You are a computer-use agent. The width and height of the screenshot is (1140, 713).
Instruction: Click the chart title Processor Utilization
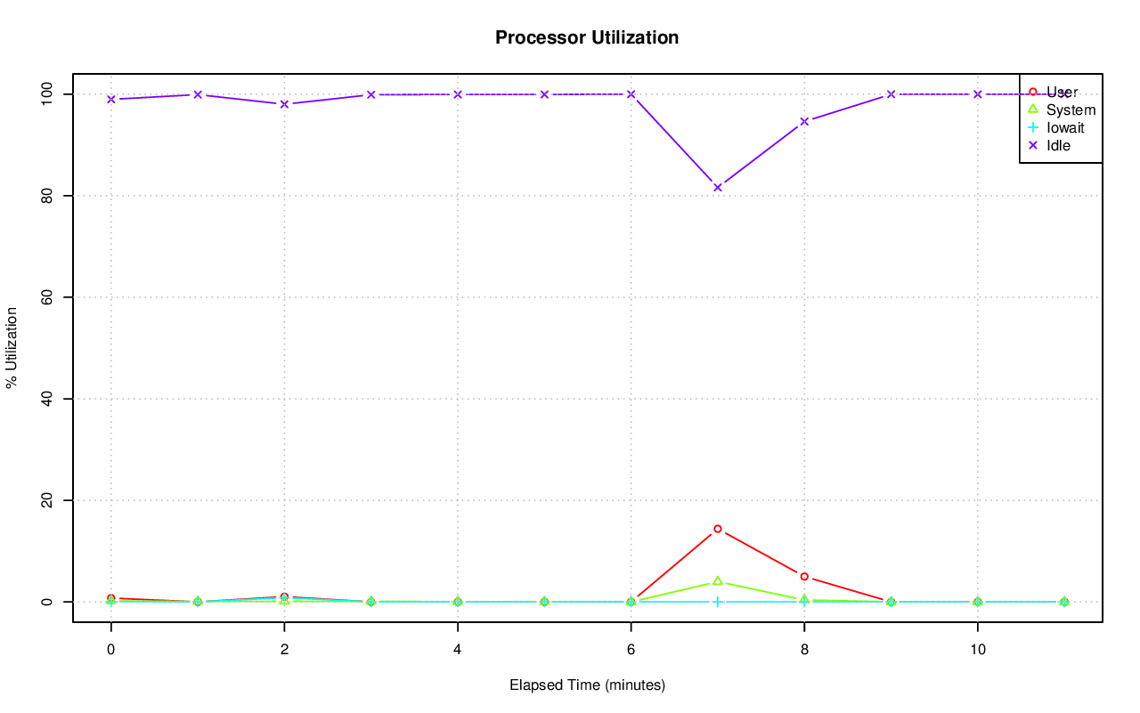tap(587, 37)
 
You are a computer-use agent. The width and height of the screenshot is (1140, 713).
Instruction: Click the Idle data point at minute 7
tap(718, 187)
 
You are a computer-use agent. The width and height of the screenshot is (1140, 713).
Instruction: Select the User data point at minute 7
tap(718, 529)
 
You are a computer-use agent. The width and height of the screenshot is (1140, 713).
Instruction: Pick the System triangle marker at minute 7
tap(718, 580)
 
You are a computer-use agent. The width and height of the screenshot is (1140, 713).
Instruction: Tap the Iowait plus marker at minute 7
tap(718, 602)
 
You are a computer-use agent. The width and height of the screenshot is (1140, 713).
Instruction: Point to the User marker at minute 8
tap(804, 577)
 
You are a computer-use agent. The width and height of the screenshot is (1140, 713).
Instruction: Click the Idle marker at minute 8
tap(804, 121)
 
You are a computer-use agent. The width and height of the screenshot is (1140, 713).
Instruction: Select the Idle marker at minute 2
tap(284, 104)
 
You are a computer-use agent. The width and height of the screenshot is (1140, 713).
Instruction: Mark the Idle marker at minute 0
tap(111, 99)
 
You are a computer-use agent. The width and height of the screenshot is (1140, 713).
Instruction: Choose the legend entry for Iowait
tap(1065, 128)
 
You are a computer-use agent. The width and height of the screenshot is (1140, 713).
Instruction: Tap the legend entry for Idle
tap(1058, 146)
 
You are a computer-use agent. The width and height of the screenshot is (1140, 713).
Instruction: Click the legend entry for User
tap(1062, 93)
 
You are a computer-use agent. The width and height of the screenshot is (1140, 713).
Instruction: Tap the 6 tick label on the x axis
tap(631, 650)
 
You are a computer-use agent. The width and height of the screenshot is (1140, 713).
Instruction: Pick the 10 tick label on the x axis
tap(978, 650)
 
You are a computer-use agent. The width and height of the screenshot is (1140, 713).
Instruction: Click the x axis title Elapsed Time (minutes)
tap(587, 685)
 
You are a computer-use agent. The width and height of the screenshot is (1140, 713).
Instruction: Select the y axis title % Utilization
tap(12, 347)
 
